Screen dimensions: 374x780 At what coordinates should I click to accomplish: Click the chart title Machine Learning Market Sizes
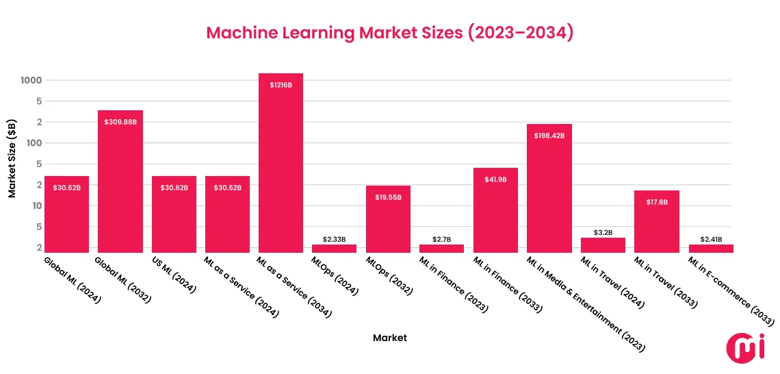pyautogui.click(x=389, y=34)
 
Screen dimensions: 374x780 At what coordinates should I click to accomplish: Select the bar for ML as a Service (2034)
pyautogui.click(x=281, y=164)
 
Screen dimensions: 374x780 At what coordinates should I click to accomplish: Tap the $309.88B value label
pyautogui.click(x=120, y=122)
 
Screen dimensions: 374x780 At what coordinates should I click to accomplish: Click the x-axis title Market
pyautogui.click(x=390, y=338)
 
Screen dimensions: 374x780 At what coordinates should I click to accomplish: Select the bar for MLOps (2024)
pyautogui.click(x=334, y=249)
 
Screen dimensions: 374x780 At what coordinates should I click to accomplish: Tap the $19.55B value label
pyautogui.click(x=388, y=197)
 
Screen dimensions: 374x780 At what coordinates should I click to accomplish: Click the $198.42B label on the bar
pyautogui.click(x=549, y=136)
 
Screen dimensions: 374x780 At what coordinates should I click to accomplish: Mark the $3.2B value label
pyautogui.click(x=603, y=232)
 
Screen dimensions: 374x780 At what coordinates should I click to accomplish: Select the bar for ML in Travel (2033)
pyautogui.click(x=656, y=222)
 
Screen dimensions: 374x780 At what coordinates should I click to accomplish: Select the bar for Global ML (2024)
pyautogui.click(x=66, y=215)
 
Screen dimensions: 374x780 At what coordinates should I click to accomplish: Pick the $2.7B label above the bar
pyautogui.click(x=441, y=239)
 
